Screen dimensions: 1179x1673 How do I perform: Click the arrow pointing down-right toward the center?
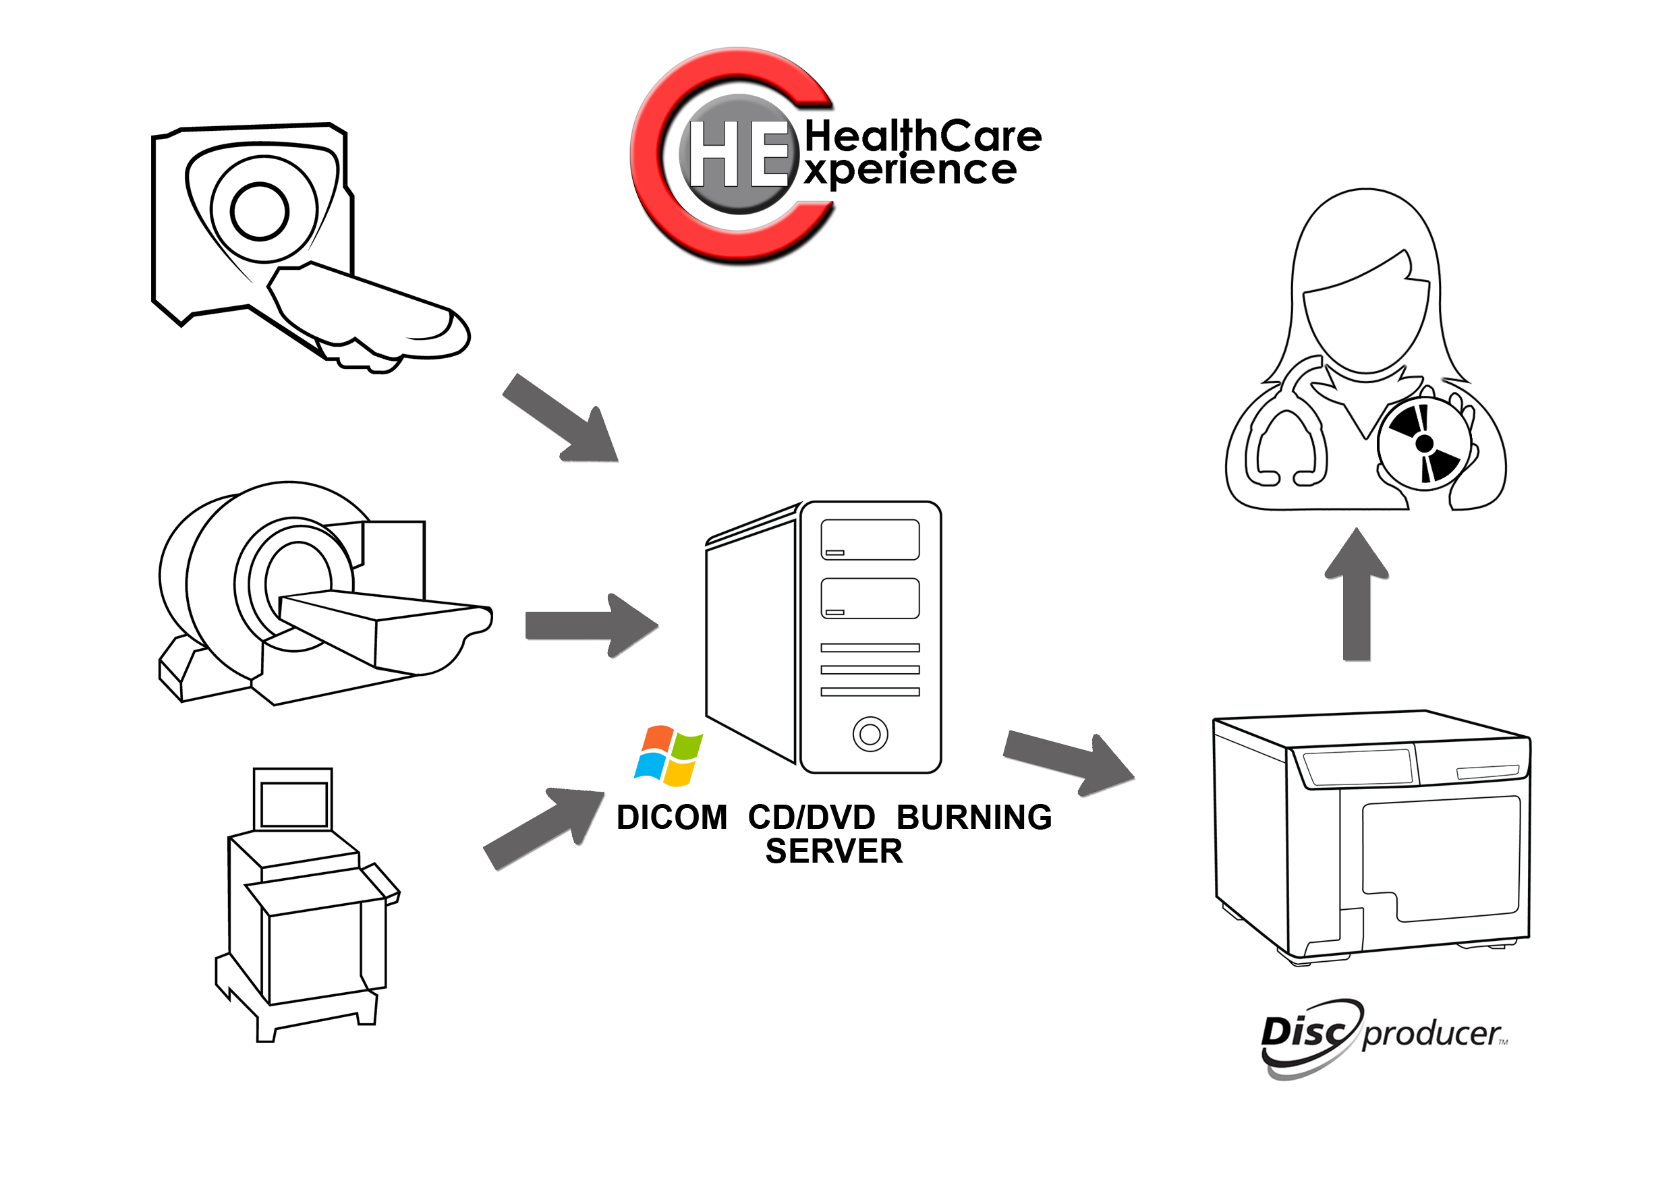(x=561, y=418)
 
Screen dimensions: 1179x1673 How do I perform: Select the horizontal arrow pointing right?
(x=592, y=625)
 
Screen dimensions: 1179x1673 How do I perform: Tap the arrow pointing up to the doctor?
(x=1356, y=594)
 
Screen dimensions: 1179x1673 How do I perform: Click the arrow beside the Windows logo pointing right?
(x=1069, y=763)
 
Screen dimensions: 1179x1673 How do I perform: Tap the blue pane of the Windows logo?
(x=648, y=768)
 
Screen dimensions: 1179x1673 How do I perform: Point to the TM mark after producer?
(x=1503, y=1042)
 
